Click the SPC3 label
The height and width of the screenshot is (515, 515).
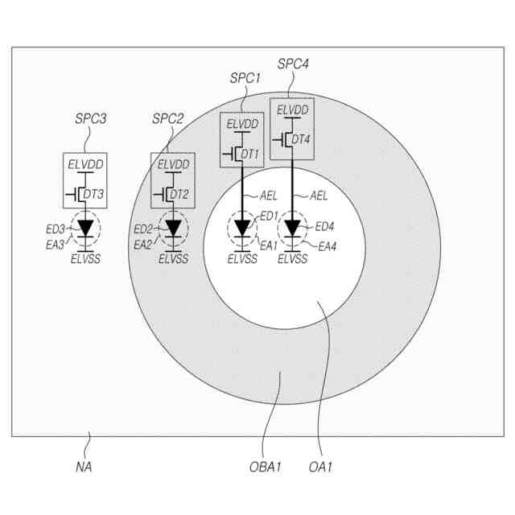tap(91, 119)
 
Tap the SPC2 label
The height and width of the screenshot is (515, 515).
tap(168, 119)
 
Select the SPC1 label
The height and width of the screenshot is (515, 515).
tap(244, 78)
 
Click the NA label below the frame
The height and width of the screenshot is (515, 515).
tap(83, 467)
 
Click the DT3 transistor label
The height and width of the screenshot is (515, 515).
tap(94, 194)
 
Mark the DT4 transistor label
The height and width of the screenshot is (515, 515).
tap(300, 140)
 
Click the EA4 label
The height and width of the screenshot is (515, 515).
tap(328, 246)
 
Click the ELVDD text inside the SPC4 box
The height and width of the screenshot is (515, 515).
tap(292, 109)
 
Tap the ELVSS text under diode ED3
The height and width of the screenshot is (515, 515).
tap(85, 259)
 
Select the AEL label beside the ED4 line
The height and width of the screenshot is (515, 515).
tap(319, 196)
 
